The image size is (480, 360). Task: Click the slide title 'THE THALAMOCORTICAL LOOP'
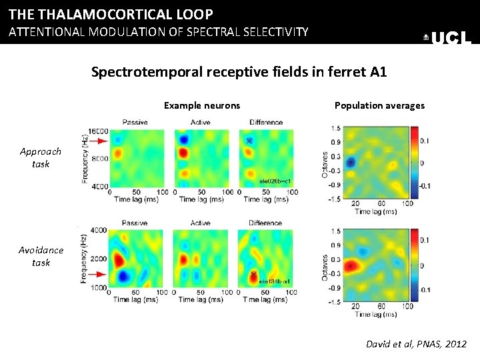(x=111, y=14)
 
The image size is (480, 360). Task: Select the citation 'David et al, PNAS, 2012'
(x=417, y=344)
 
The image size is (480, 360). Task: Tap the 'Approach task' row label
(x=41, y=157)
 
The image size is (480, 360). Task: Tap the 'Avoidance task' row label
(x=41, y=256)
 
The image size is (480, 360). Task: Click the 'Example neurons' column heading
(x=202, y=105)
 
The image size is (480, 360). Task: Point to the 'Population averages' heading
(x=379, y=105)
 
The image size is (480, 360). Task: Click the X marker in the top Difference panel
(x=249, y=141)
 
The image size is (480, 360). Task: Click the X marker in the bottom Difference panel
(x=253, y=275)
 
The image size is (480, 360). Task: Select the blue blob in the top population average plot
(x=351, y=162)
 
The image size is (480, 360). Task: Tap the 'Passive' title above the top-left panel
(x=135, y=122)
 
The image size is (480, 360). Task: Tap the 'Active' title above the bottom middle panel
(x=200, y=223)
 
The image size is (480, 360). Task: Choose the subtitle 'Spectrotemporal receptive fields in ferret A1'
(x=239, y=72)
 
